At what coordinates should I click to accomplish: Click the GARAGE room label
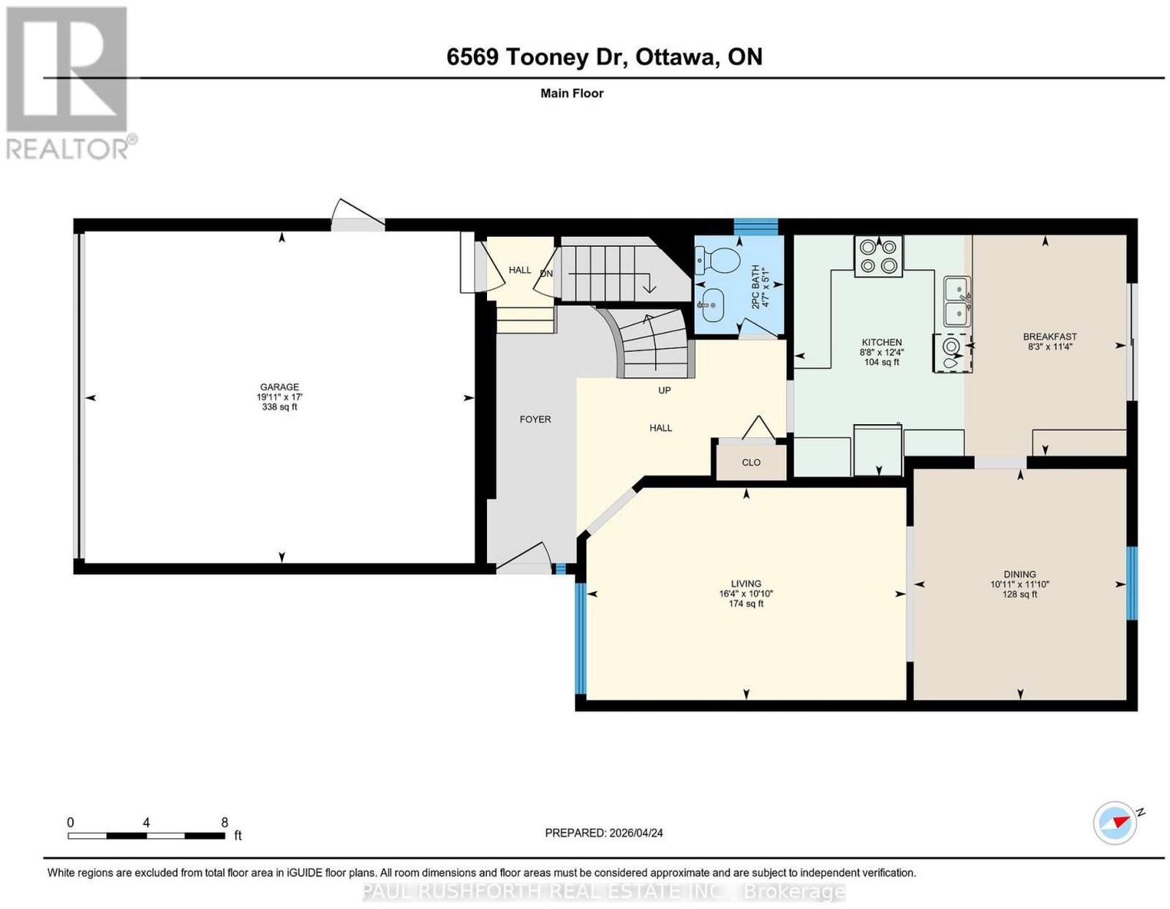[279, 386]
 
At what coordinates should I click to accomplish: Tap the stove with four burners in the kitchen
[877, 256]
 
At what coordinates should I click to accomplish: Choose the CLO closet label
[750, 462]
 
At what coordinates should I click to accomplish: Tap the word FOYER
[535, 419]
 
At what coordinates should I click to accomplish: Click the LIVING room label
[746, 584]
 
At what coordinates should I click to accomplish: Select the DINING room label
[1019, 574]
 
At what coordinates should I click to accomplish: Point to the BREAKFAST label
[1049, 337]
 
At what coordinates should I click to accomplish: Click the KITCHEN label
[881, 342]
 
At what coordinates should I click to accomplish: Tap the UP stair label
[665, 391]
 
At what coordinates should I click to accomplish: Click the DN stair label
[546, 274]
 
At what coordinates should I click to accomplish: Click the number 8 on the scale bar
[224, 823]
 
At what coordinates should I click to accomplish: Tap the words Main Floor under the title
[572, 93]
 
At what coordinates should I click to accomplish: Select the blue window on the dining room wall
[1132, 584]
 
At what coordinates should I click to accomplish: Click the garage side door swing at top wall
[357, 215]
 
